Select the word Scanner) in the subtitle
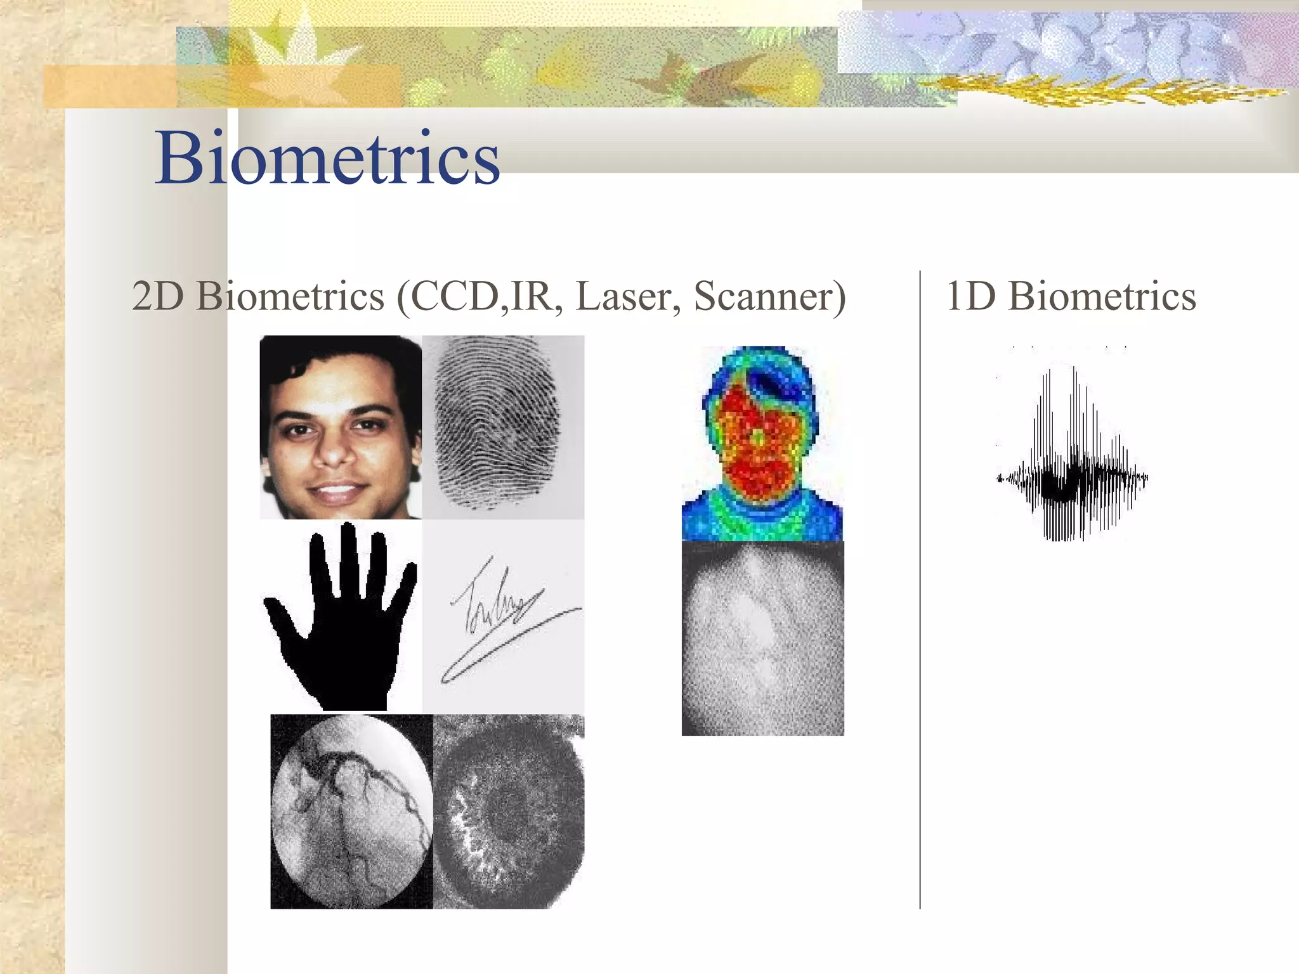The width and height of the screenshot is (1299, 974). click(x=769, y=296)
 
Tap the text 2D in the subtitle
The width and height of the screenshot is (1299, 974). click(x=159, y=296)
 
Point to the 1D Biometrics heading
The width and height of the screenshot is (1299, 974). click(x=1071, y=296)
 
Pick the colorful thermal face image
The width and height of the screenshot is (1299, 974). click(x=761, y=444)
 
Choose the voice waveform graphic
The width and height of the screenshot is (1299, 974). click(x=1072, y=457)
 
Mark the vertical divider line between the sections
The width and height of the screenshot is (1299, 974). click(x=920, y=590)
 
